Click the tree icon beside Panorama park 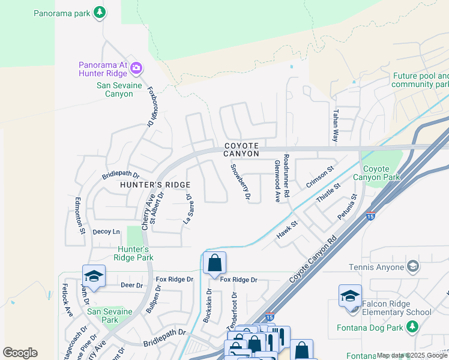99,12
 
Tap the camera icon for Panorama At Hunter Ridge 136,67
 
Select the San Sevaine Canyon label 115,89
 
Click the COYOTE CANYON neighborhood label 242,149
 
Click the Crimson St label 319,178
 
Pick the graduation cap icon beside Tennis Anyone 412,266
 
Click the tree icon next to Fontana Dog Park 412,326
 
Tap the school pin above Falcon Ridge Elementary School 350,296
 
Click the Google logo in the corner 20,353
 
